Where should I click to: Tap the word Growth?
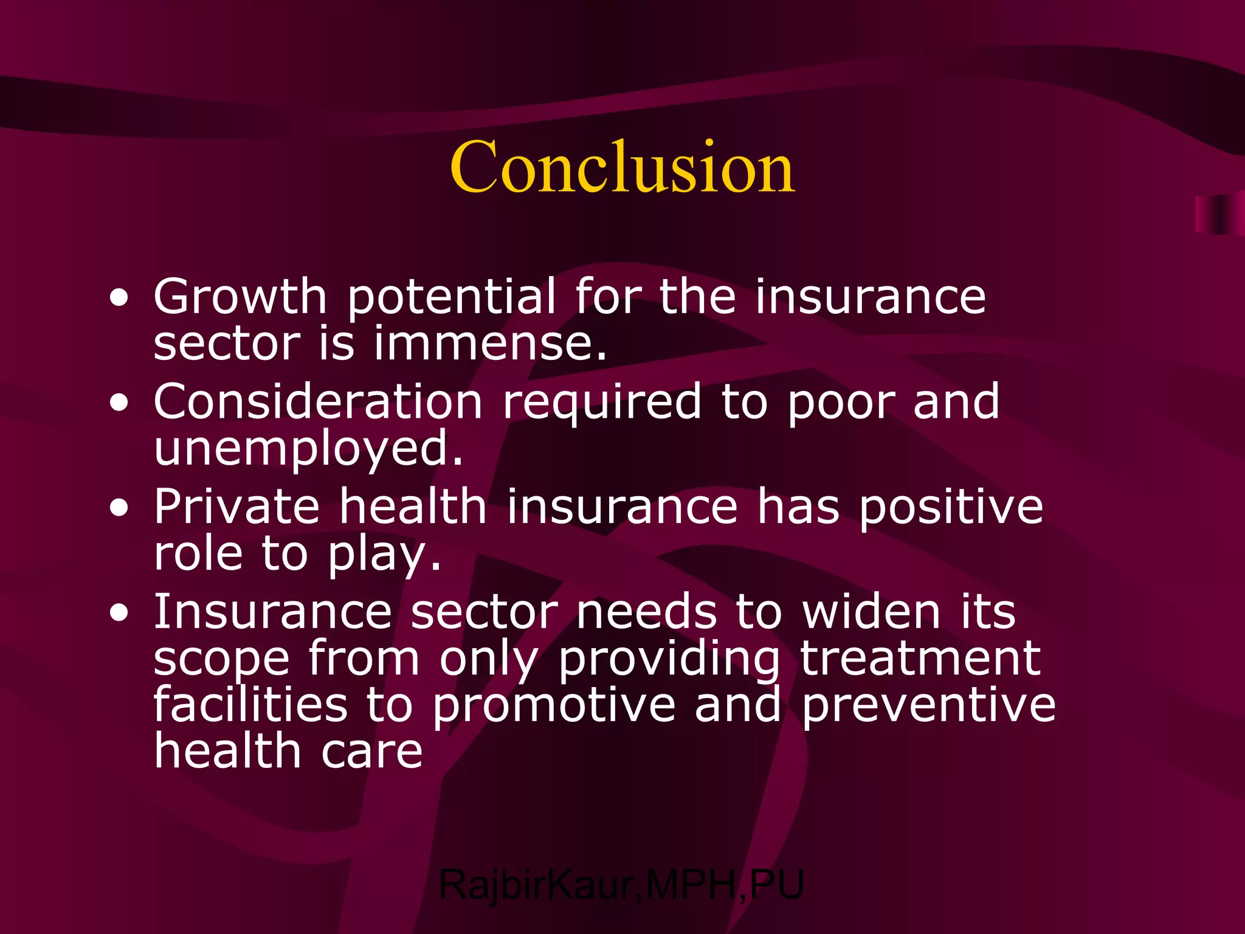pos(240,297)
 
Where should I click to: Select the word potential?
pos(451,298)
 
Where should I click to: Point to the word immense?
pos(490,344)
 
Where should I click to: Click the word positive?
pos(951,508)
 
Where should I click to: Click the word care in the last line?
pos(371,752)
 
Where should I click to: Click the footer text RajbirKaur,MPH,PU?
pos(621,885)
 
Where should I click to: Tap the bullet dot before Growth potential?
pos(120,299)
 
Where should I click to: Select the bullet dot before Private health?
pos(120,508)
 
